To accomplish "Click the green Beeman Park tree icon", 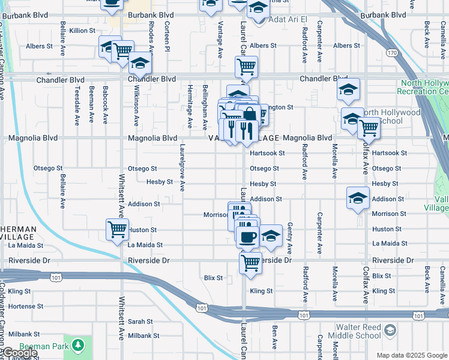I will tap(77, 345).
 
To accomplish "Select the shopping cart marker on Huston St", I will tap(117, 229).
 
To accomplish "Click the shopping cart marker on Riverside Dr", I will tap(250, 262).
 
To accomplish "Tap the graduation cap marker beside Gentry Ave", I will tap(271, 235).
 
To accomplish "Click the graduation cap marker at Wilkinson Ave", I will tap(140, 63).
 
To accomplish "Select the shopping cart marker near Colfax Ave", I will tap(369, 127).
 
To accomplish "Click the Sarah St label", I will tap(140, 322).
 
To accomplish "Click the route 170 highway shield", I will tap(392, 53).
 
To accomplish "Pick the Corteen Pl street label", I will tap(167, 40).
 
